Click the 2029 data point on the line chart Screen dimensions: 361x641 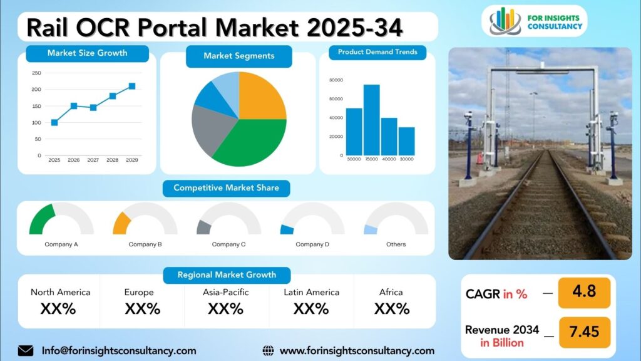coord(131,86)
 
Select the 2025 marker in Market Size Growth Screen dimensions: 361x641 coord(54,123)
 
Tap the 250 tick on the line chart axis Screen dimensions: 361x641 coord(36,73)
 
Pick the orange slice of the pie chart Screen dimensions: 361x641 coord(261,97)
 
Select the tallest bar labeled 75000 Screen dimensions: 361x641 coord(372,120)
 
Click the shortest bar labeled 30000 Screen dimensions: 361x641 coord(406,141)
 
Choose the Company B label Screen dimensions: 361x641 coord(145,244)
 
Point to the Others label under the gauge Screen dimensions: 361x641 coord(396,244)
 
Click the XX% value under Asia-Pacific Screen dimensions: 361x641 coord(225,309)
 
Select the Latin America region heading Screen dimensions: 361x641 coord(311,293)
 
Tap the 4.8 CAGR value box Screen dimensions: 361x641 coord(583,293)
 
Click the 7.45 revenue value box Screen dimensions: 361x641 coord(583,332)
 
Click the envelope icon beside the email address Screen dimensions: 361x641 coord(26,350)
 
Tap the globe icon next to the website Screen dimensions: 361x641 coord(268,350)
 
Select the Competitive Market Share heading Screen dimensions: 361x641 coord(226,188)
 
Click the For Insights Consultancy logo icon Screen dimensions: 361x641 coord(505,21)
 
